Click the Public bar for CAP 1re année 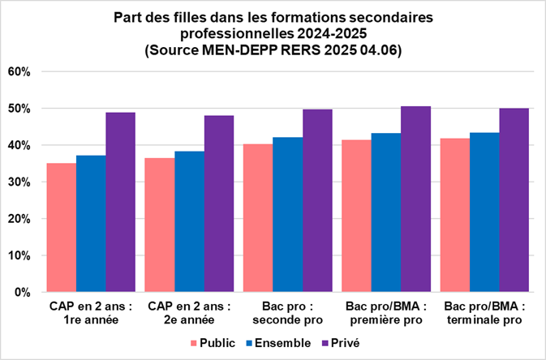coord(62,228)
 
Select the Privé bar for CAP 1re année coord(121,202)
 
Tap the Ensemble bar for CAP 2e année coord(189,221)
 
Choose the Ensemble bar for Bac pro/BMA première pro coord(386,212)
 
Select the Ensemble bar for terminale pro coord(484,212)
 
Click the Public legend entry coord(213,343)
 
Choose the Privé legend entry coord(343,343)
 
